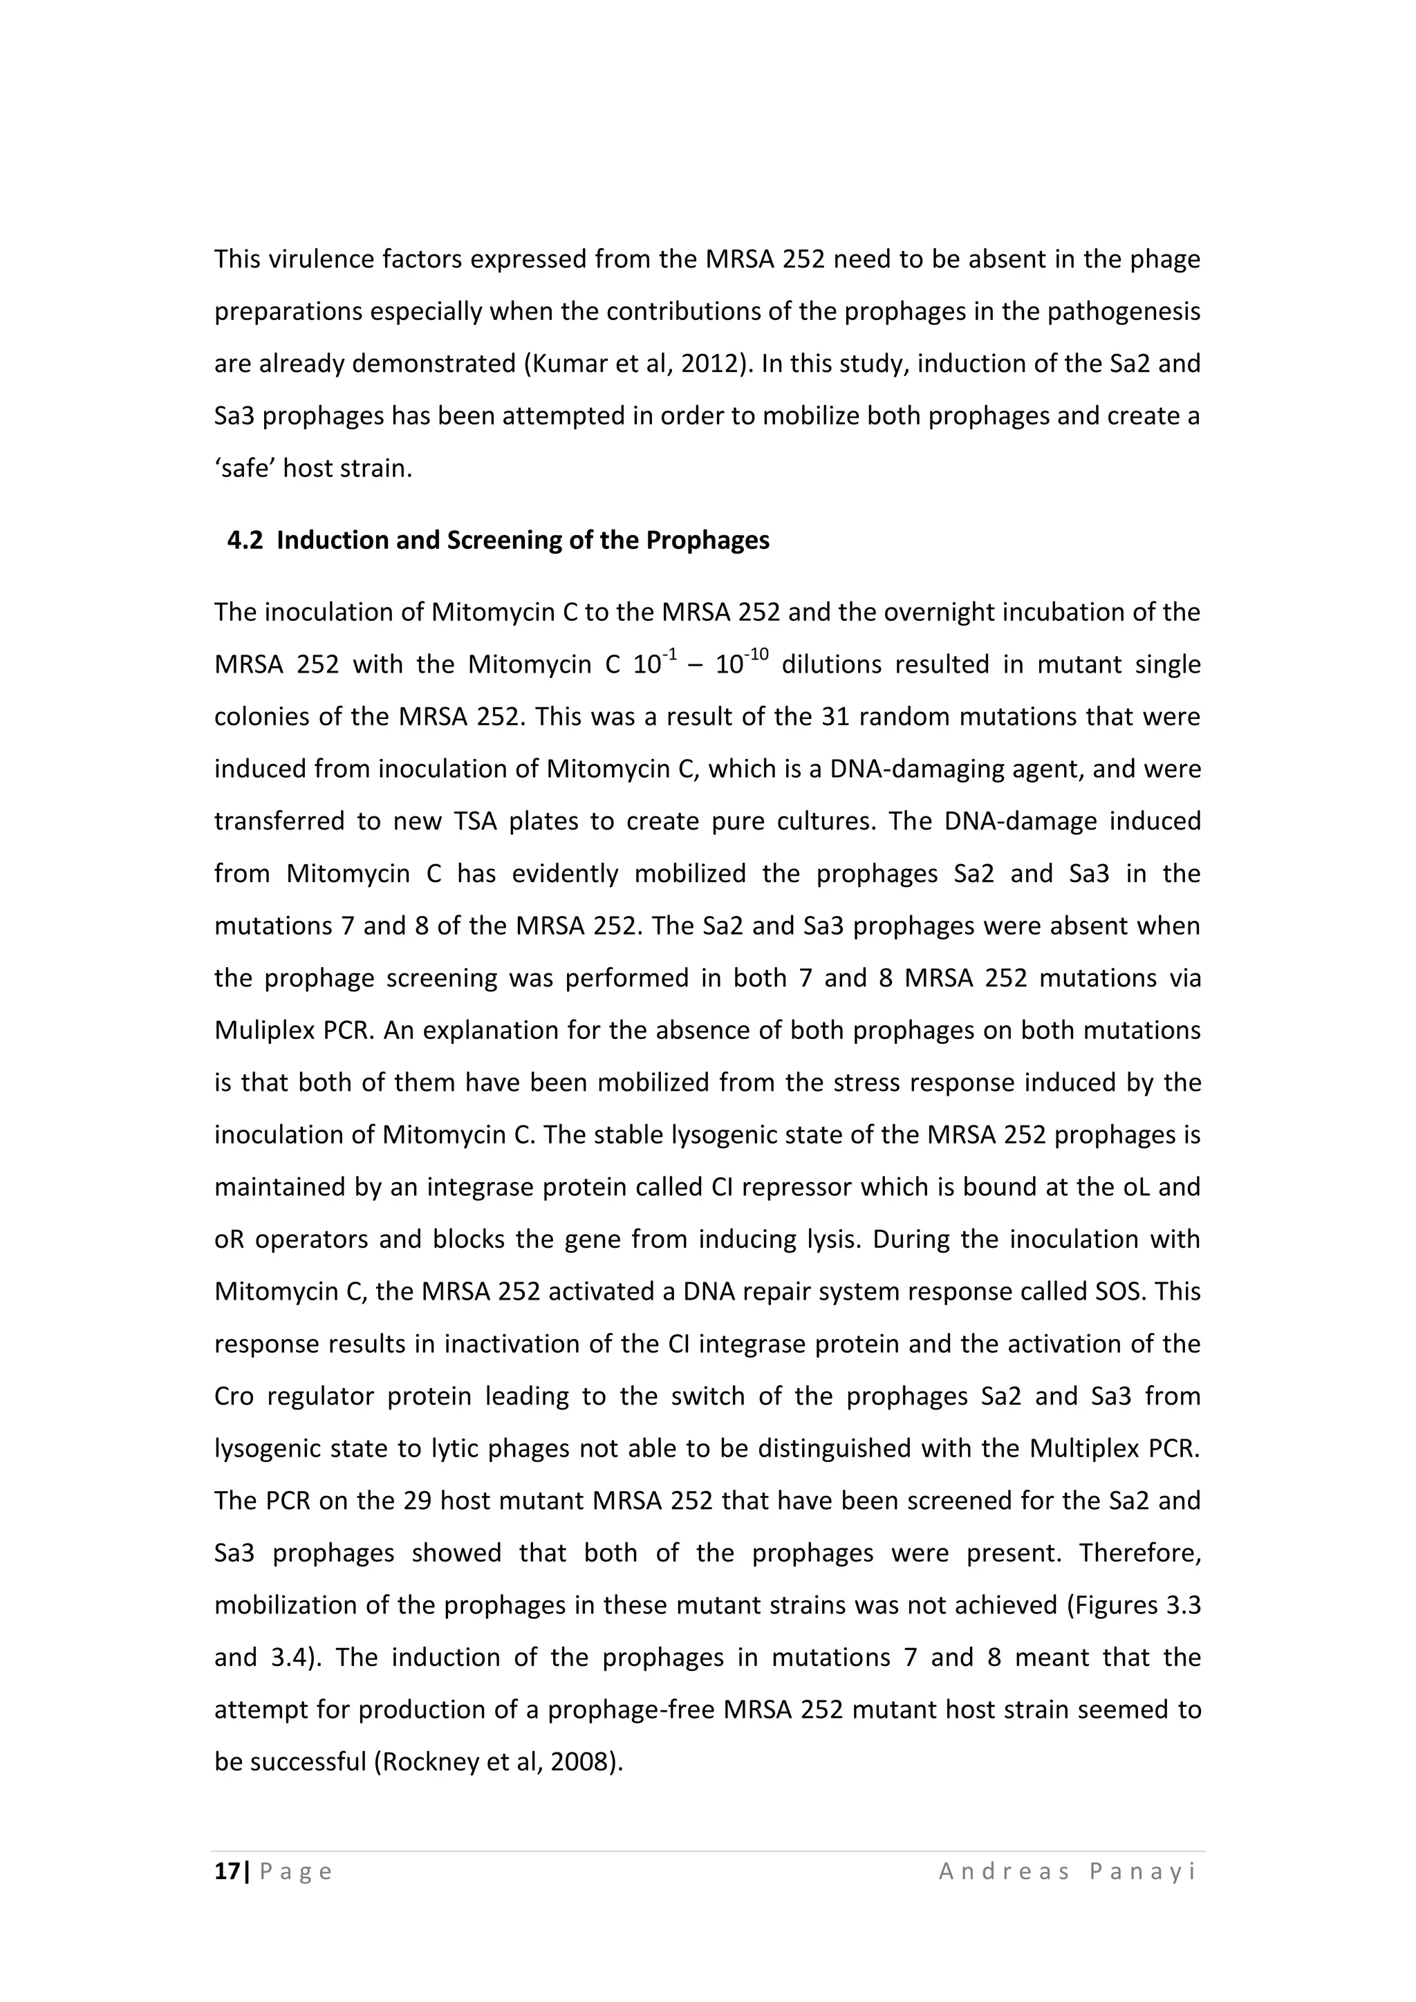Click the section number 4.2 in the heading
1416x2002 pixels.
pos(244,541)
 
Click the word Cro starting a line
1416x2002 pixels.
pos(234,1396)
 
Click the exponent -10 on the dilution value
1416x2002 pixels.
pos(758,654)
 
